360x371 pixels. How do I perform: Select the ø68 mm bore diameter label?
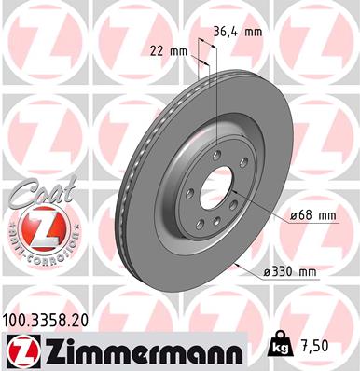click(x=312, y=215)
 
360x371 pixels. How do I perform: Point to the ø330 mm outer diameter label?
click(x=289, y=271)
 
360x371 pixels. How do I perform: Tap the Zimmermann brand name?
click(x=135, y=350)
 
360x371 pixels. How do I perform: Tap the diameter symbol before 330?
click(x=268, y=271)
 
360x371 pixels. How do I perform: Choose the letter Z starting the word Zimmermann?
click(x=48, y=350)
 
